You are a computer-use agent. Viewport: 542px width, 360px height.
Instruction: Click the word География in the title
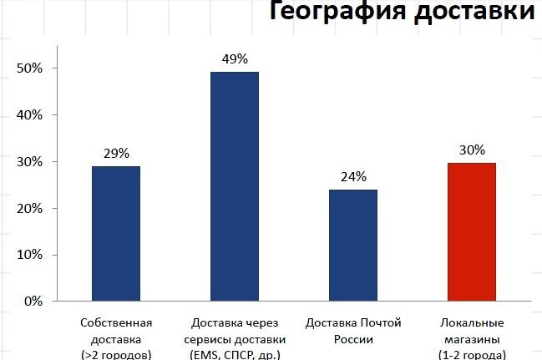[334, 13]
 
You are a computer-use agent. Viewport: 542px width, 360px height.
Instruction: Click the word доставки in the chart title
[470, 13]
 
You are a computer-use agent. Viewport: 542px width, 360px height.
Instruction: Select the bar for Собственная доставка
[116, 233]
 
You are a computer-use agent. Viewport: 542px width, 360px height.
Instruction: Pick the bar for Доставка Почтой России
[353, 245]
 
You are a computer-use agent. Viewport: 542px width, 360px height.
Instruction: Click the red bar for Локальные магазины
[472, 231]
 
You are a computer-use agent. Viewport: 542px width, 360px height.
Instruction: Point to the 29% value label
[116, 153]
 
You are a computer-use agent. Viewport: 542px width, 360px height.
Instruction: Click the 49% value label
[235, 58]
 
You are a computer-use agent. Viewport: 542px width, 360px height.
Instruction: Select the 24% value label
[353, 176]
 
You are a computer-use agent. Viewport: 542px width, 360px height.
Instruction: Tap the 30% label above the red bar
[472, 150]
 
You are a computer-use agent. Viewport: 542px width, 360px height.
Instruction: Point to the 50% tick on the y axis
[29, 68]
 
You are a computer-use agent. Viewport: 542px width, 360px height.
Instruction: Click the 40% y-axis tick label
[29, 114]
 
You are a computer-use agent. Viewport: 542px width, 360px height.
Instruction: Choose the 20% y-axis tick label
[29, 208]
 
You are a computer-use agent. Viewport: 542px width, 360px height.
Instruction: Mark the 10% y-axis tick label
[29, 254]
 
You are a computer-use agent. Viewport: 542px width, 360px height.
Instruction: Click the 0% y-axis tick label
[33, 301]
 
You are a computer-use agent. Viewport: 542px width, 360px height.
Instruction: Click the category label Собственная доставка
[116, 331]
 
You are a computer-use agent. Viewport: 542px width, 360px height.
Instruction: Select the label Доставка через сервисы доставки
[234, 331]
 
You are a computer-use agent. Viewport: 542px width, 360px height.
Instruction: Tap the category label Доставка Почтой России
[353, 331]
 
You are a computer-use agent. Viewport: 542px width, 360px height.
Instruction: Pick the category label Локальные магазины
[471, 331]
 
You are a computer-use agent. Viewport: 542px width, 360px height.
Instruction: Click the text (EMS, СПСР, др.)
[234, 354]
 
